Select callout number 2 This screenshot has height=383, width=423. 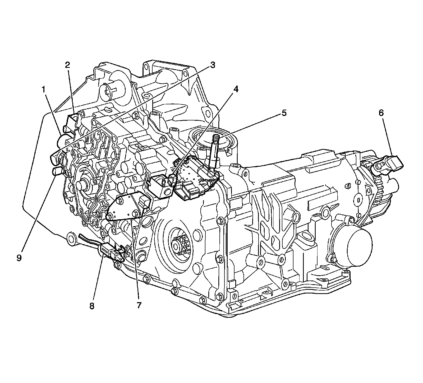click(x=68, y=65)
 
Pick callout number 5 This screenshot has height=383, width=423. click(x=284, y=113)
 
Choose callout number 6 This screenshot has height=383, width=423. click(x=381, y=113)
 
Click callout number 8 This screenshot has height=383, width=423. click(x=92, y=306)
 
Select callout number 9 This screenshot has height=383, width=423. click(x=19, y=258)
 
